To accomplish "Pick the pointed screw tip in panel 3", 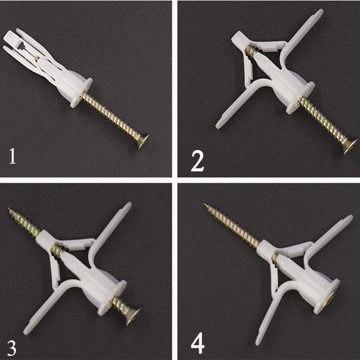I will click(x=10, y=210).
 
